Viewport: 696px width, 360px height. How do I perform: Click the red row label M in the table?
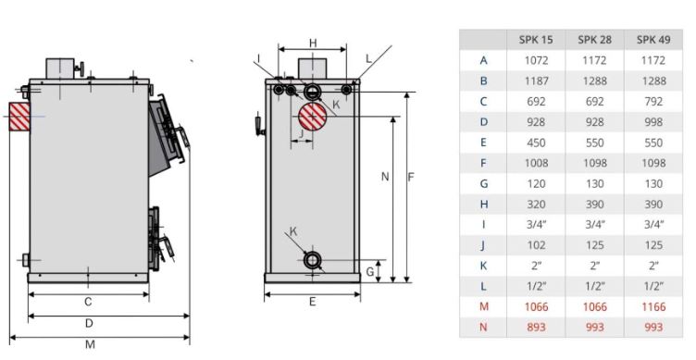point(483,305)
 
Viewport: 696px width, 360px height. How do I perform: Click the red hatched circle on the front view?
point(313,119)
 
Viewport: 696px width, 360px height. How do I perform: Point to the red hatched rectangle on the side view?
point(20,116)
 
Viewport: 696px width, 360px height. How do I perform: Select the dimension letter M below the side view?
point(90,344)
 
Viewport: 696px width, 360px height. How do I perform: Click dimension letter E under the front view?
point(312,302)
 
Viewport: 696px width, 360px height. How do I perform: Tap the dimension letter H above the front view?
point(313,43)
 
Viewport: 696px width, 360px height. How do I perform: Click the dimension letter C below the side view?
point(88,302)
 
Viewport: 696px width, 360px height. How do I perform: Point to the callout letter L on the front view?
point(367,57)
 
